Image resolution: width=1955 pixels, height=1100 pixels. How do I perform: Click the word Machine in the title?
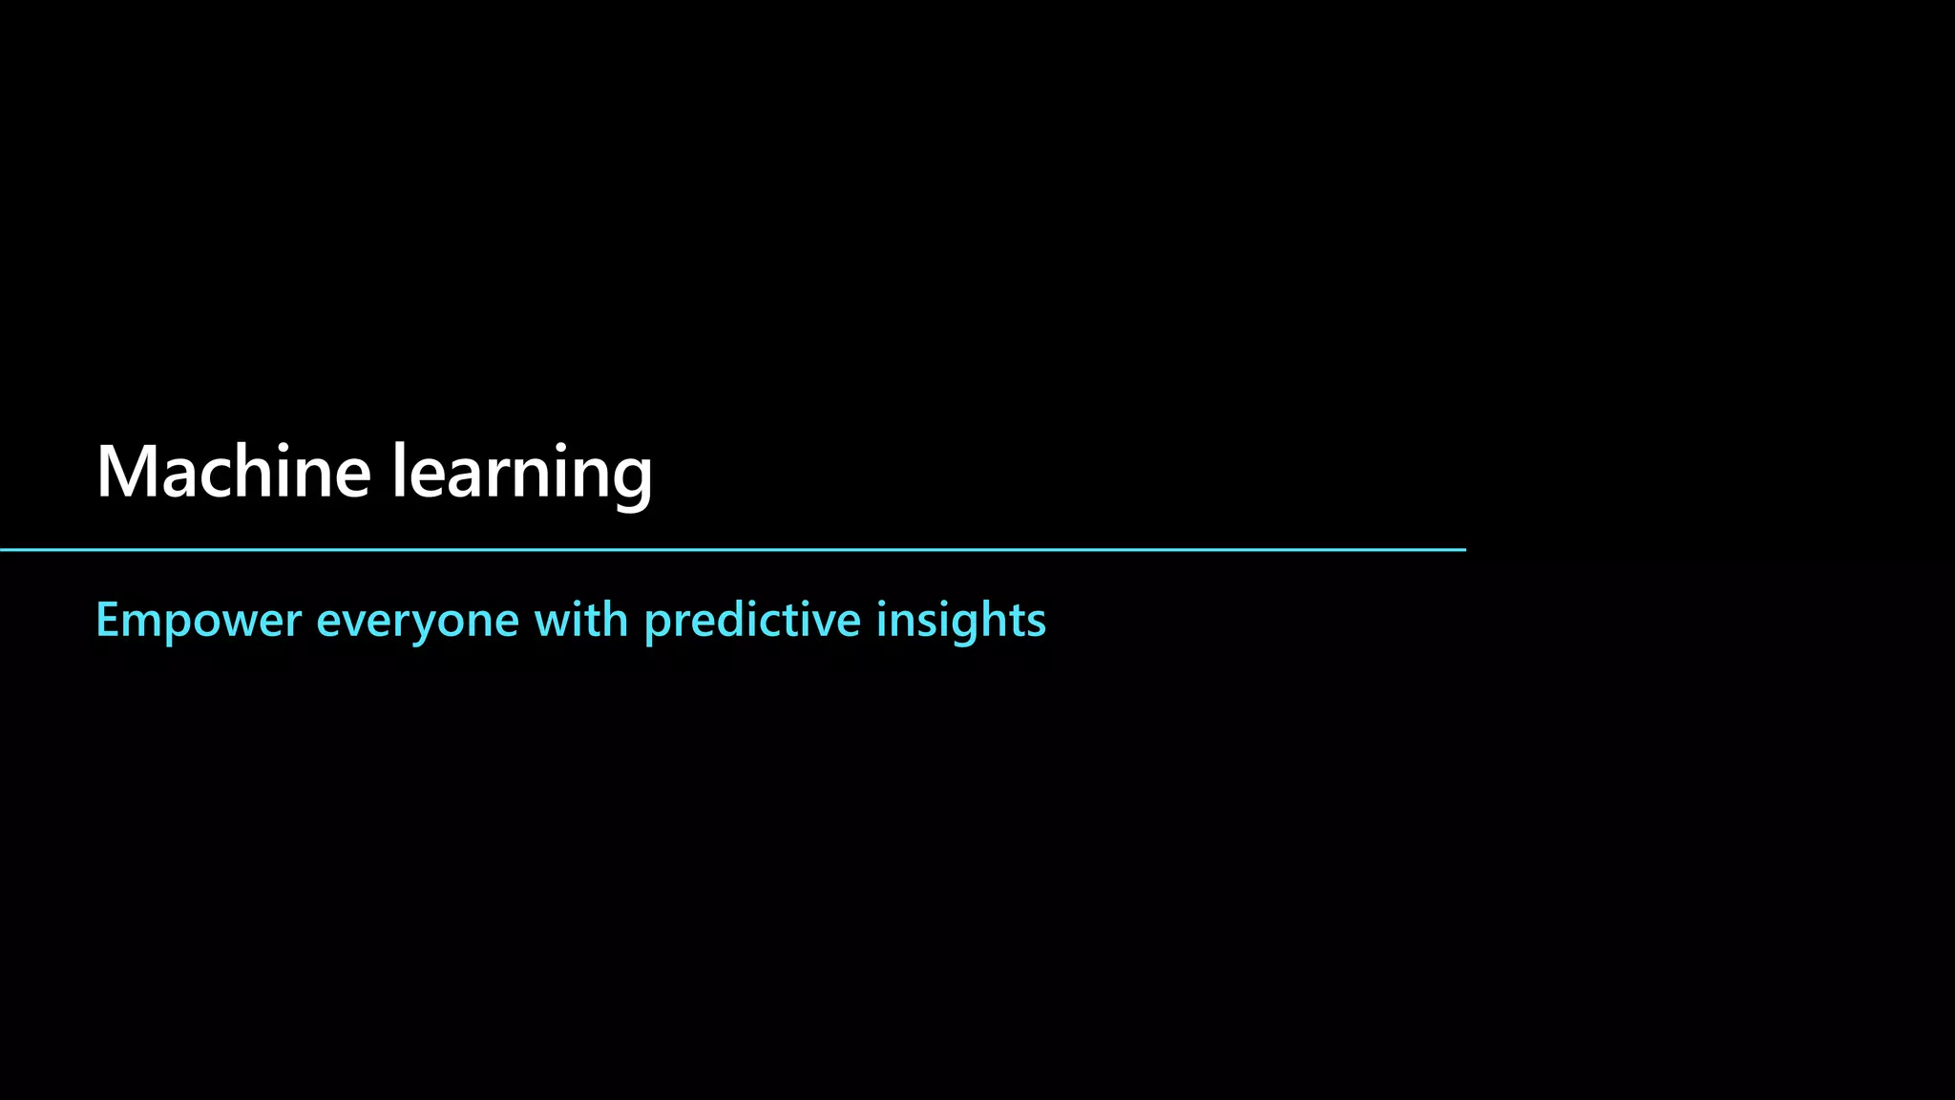click(233, 472)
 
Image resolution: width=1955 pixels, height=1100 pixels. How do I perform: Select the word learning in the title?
click(522, 472)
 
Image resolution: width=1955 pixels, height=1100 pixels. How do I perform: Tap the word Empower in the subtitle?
click(199, 621)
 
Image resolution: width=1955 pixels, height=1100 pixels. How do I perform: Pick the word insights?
click(960, 621)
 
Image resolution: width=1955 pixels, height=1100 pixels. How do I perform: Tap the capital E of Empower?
click(107, 620)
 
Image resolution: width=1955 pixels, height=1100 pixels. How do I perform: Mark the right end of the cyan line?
click(1463, 550)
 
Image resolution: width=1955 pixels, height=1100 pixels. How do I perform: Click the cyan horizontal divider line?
click(733, 550)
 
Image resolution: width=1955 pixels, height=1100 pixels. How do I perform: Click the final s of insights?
click(1036, 624)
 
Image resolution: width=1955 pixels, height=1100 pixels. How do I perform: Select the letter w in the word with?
click(555, 624)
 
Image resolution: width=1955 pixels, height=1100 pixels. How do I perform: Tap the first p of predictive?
click(658, 626)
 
